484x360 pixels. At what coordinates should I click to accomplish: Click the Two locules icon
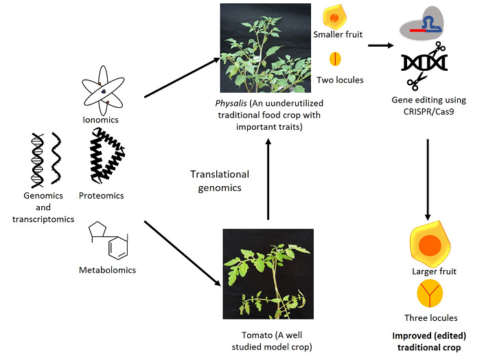(x=334, y=58)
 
